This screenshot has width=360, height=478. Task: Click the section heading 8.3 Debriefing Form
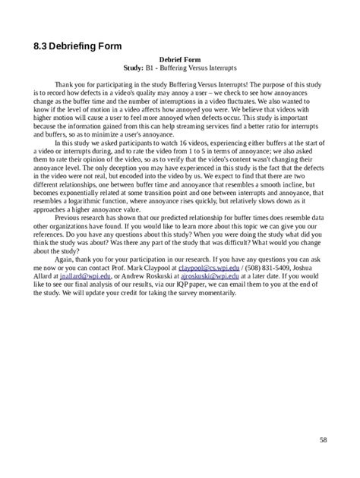click(77, 47)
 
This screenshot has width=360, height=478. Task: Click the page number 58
click(324, 440)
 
